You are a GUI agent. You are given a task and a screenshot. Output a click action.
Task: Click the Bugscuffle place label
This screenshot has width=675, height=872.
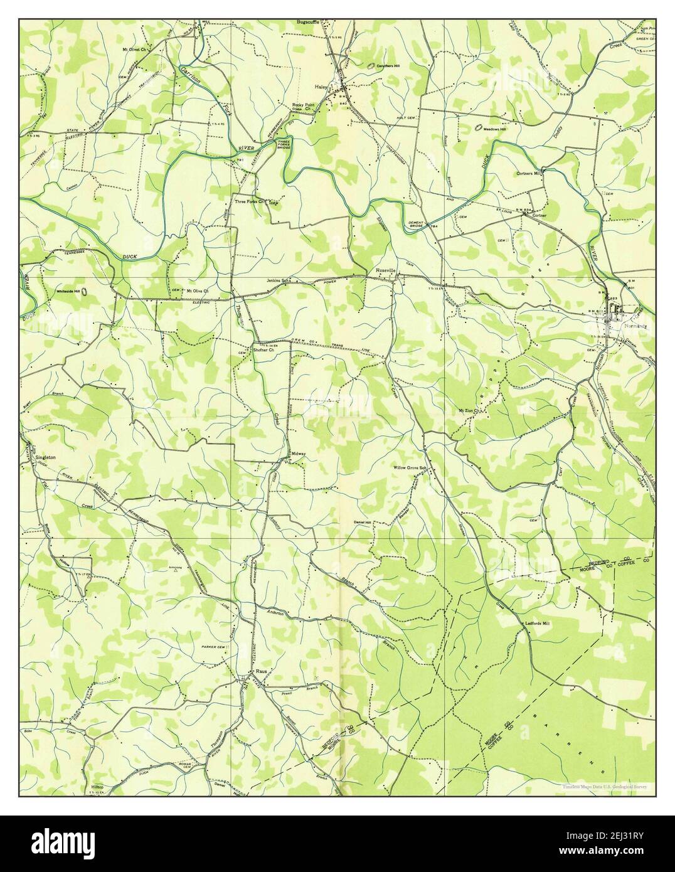click(x=309, y=22)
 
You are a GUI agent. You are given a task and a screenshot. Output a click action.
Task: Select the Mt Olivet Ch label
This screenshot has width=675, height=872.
click(x=134, y=48)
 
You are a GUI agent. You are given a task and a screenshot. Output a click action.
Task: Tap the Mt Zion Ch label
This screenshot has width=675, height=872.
click(x=469, y=412)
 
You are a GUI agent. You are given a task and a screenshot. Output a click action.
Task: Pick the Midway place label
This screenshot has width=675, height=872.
click(x=298, y=454)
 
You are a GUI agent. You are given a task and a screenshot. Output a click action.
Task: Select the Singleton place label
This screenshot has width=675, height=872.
click(x=46, y=457)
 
